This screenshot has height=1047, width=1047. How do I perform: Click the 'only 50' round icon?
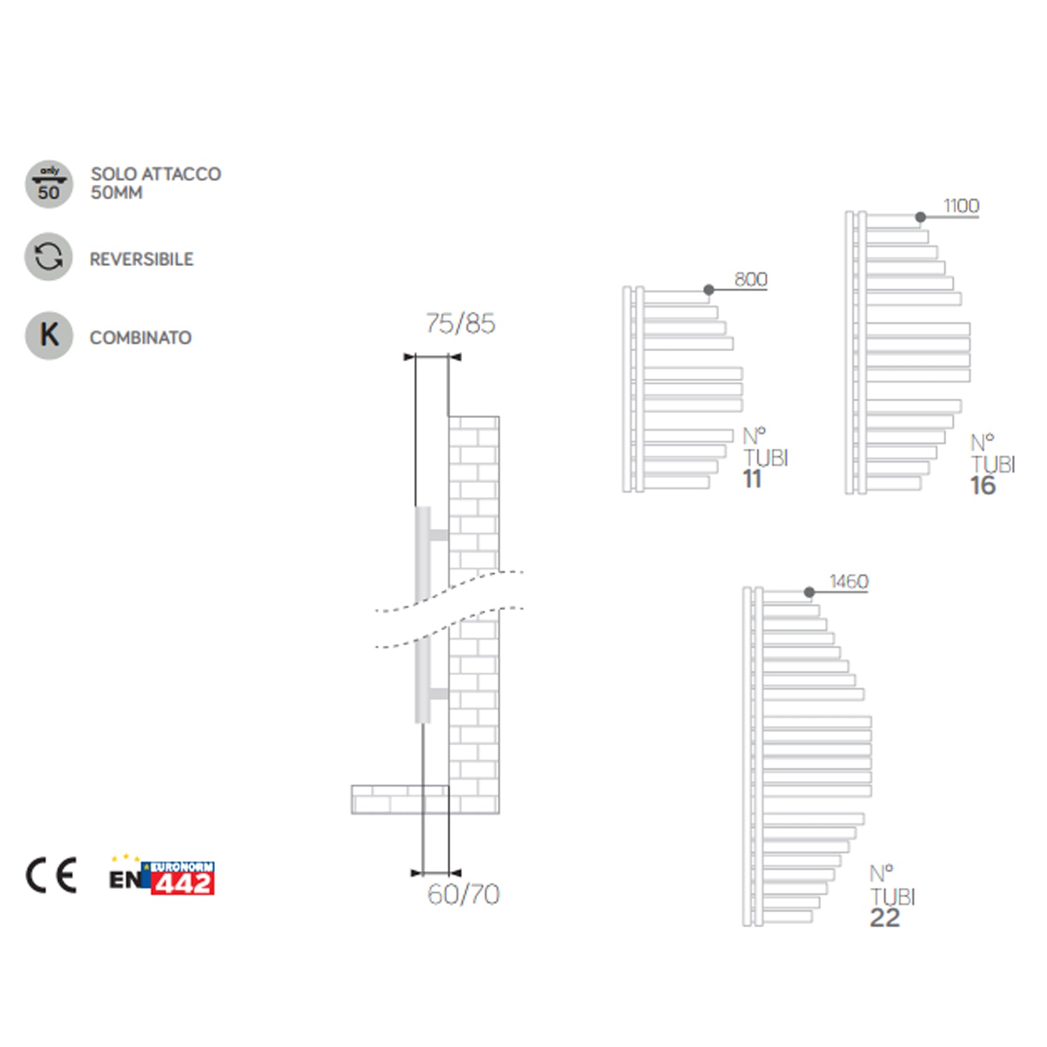[49, 184]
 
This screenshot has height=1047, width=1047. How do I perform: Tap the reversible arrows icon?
[49, 257]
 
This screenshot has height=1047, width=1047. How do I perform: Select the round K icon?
[49, 335]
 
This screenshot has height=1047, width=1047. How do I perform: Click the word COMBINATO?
[140, 338]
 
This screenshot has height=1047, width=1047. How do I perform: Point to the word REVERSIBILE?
[142, 260]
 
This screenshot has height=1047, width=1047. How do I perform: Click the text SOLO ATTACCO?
[156, 174]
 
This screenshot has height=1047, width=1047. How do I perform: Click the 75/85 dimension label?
[461, 324]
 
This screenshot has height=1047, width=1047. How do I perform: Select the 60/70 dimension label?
[463, 894]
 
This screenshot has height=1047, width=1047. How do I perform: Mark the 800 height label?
[751, 280]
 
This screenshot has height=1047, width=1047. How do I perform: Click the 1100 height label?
[961, 207]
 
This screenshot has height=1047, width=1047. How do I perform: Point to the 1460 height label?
[849, 581]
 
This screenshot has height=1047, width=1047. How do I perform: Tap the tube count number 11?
[752, 480]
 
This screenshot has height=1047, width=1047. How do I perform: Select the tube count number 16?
[983, 486]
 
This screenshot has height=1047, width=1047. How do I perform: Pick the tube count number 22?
[885, 918]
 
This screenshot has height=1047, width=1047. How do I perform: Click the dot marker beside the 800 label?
[708, 290]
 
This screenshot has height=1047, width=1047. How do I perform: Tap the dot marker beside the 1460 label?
[809, 593]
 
